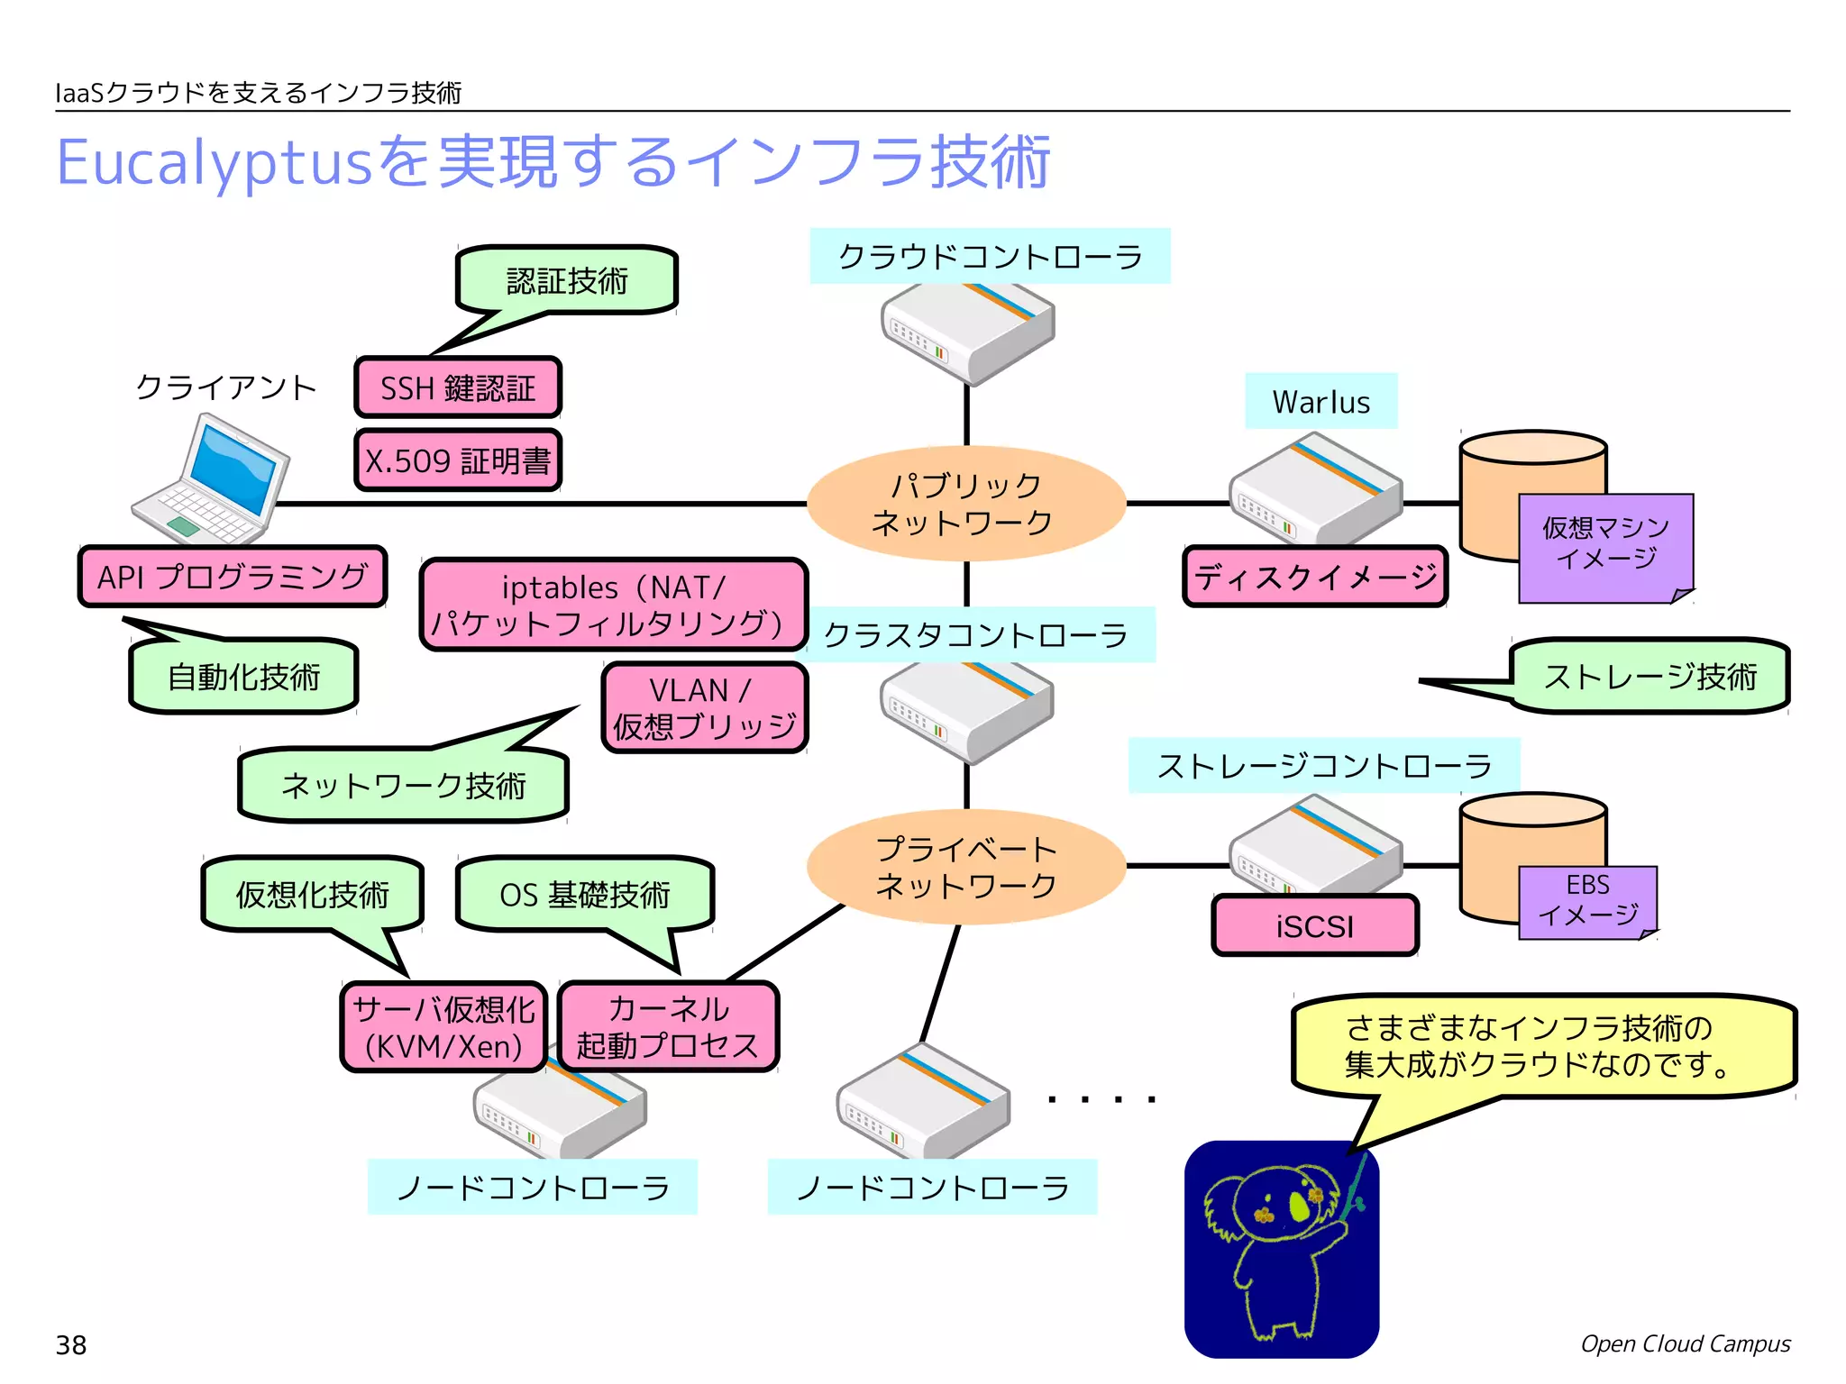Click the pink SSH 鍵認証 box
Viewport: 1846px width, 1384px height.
point(458,388)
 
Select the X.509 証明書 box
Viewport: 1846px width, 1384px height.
point(458,461)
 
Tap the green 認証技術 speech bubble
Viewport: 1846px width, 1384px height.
point(567,281)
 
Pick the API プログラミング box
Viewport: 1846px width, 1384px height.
point(233,577)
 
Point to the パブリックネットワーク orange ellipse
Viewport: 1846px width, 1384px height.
point(965,504)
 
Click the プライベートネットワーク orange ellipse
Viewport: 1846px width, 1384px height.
point(965,867)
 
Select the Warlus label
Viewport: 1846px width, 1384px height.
point(1321,402)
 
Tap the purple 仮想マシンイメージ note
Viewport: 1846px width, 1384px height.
point(1605,544)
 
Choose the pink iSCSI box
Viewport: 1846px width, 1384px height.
point(1315,926)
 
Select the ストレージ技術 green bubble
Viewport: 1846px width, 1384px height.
point(1650,677)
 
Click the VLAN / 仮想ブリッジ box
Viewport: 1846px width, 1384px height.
point(704,708)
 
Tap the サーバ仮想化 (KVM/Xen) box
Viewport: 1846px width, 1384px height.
point(443,1027)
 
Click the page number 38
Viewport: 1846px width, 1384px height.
point(71,1345)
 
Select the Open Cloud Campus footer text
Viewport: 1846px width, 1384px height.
point(1685,1344)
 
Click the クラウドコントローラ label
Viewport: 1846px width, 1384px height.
point(990,257)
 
